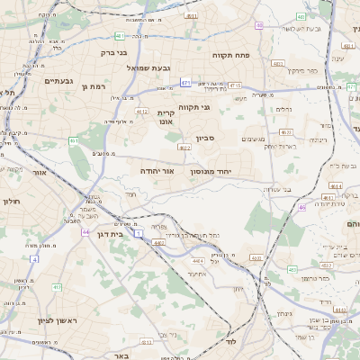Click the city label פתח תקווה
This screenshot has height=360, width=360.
pos(230,55)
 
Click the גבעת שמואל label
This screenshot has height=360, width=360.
pos(142,68)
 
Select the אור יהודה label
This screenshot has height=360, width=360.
pos(156,170)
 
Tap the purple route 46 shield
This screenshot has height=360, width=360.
pos(302,208)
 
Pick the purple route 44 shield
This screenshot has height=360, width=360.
pos(85,231)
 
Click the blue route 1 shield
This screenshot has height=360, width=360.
pos(139,233)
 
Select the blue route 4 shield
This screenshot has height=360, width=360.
pos(34,258)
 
